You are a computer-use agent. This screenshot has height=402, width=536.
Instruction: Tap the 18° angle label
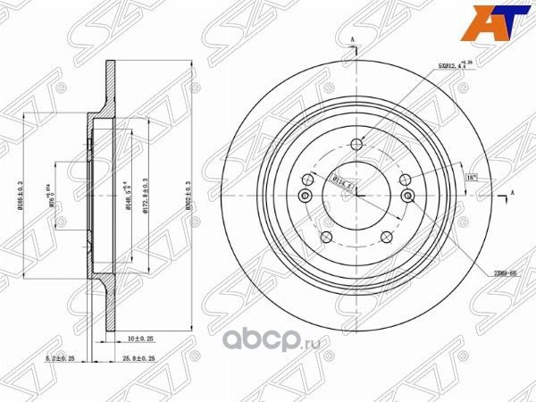470,178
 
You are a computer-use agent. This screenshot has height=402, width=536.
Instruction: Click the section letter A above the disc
355,40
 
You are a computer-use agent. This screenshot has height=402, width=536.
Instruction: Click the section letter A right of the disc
512,192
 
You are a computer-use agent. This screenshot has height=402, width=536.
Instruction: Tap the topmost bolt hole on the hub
356,146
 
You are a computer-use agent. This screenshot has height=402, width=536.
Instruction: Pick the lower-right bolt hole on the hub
387,238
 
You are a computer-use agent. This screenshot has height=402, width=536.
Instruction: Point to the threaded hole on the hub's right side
408,197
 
